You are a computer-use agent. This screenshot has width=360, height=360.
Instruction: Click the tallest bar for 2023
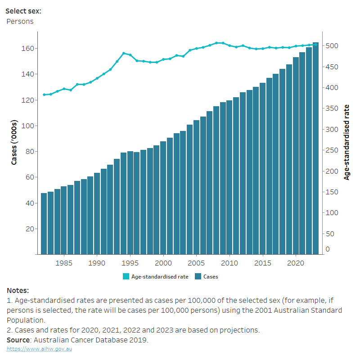click(315, 148)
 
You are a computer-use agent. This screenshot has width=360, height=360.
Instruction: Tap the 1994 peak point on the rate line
click(124, 53)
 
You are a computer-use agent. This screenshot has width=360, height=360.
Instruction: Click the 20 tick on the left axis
click(31, 229)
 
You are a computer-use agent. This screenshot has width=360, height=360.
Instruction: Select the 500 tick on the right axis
click(332, 46)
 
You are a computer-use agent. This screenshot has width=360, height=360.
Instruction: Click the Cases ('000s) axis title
click(14, 142)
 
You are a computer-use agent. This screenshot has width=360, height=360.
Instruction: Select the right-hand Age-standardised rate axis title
click(346, 142)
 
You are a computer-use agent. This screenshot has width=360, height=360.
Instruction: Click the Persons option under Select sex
click(20, 21)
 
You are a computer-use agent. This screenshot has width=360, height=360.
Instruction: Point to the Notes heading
click(18, 291)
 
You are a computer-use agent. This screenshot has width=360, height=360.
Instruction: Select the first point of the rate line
click(44, 94)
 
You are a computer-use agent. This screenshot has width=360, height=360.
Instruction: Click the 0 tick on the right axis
click(328, 249)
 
